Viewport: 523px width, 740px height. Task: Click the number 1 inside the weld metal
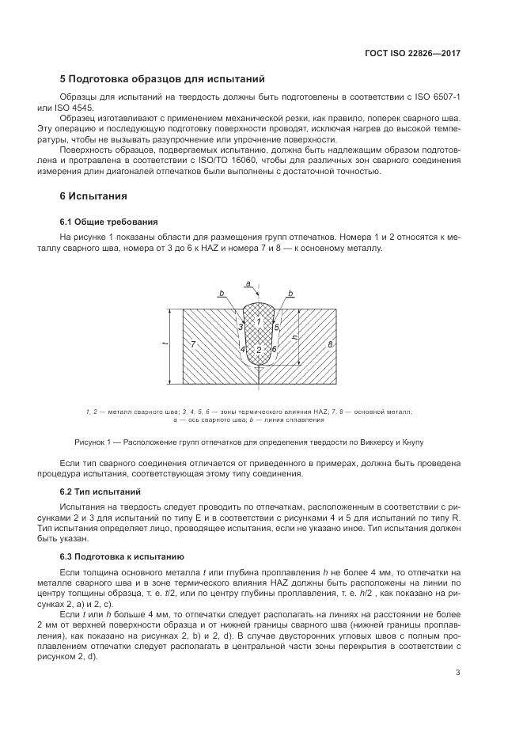259,321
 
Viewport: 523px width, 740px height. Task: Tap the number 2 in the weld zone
259,349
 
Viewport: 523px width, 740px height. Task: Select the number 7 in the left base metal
193,346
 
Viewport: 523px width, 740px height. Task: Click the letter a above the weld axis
248,283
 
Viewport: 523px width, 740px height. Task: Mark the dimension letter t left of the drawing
164,344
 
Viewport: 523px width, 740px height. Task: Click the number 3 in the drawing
240,326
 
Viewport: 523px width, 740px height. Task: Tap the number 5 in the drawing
277,326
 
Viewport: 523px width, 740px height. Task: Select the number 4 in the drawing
242,349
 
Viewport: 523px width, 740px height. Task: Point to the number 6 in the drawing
274,349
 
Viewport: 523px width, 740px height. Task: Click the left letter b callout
222,294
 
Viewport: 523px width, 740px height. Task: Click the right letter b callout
291,294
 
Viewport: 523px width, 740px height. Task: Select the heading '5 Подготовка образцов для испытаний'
162,79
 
